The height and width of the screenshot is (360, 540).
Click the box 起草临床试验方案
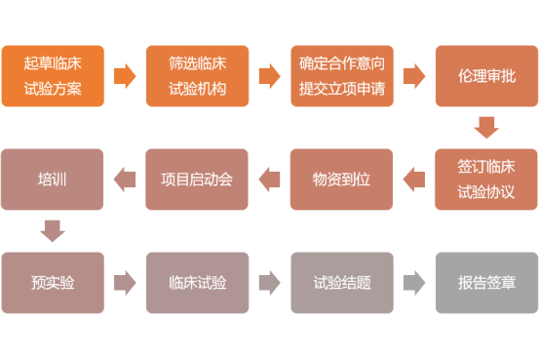pos(52,76)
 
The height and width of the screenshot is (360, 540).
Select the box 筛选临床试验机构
pos(197,76)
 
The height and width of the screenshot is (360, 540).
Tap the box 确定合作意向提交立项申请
pos(341,76)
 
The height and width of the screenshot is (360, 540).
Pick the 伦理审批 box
pos(485,76)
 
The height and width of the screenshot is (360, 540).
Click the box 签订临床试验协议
pos(485,180)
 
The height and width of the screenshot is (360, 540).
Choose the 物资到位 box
pos(341,180)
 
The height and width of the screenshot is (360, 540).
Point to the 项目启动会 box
pos(197,180)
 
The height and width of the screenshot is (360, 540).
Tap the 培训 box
pos(52,180)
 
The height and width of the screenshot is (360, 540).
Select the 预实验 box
pos(52,283)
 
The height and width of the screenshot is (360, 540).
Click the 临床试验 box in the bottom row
pos(197,283)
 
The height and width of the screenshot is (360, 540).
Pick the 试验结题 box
pos(341,283)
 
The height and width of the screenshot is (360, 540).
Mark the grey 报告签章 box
pos(485,283)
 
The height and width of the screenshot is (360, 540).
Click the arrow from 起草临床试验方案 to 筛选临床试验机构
pos(124,76)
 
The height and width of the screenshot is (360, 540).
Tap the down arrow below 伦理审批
pos(485,128)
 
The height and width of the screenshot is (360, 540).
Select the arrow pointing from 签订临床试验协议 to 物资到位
pos(413,180)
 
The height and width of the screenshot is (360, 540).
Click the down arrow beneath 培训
pos(52,231)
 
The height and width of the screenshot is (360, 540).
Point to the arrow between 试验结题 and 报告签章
pos(413,283)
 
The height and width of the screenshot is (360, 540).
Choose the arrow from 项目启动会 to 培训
pos(124,180)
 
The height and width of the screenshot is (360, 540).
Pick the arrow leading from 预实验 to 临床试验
pos(124,283)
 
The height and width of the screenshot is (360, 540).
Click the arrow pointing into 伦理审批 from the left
pos(413,76)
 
